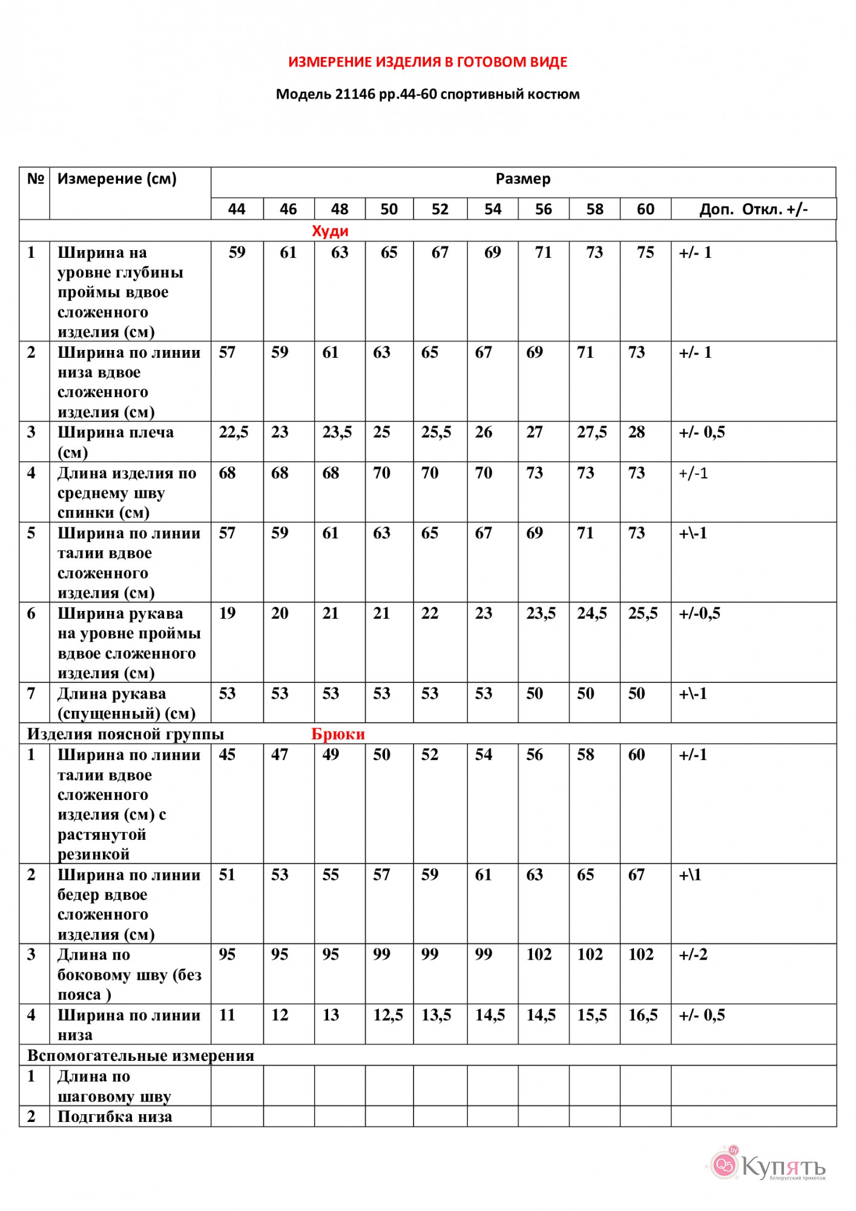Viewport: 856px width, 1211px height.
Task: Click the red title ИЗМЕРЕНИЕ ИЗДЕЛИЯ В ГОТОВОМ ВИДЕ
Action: [x=427, y=62]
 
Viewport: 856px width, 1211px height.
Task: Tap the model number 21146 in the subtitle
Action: [x=355, y=94]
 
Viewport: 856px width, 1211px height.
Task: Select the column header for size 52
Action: [x=440, y=210]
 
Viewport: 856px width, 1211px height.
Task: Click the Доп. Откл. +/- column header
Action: [x=753, y=210]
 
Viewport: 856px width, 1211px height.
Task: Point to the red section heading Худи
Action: [x=330, y=231]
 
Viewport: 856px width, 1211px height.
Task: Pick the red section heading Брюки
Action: [x=338, y=734]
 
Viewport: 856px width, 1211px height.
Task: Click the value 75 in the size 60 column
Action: [x=645, y=252]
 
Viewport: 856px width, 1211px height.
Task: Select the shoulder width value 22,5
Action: [x=234, y=432]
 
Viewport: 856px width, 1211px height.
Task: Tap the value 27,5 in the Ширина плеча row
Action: [x=591, y=432]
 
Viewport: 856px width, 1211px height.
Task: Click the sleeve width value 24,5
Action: [x=591, y=613]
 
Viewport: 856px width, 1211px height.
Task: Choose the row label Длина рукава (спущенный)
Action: [x=126, y=704]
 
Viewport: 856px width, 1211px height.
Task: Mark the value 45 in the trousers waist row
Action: [x=227, y=755]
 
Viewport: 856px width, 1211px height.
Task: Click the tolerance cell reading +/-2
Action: [x=693, y=955]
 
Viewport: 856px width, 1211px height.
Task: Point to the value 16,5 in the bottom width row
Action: [x=642, y=1015]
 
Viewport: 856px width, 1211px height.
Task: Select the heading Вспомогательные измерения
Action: [x=140, y=1056]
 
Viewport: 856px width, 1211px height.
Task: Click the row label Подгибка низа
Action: [x=114, y=1117]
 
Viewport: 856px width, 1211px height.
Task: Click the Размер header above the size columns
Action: [x=523, y=179]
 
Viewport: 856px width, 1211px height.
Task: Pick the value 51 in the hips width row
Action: [x=227, y=875]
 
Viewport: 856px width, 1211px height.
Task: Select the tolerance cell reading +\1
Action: [x=690, y=875]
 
